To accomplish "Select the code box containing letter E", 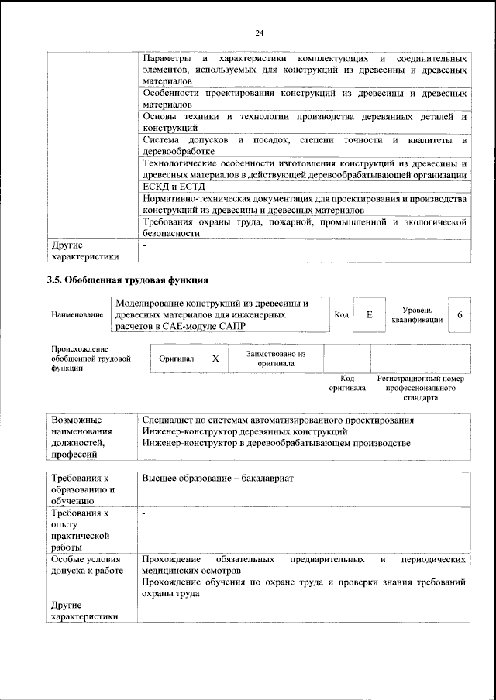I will (x=370, y=315).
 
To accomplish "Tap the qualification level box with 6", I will (x=460, y=315).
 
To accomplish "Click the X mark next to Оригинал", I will (x=215, y=359).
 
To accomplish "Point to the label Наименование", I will (x=77, y=315).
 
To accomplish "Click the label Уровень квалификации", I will (x=417, y=314).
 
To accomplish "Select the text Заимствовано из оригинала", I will (x=276, y=359).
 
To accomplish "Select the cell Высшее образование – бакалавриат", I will (x=218, y=479).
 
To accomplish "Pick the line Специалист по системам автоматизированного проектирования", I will (x=278, y=420).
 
